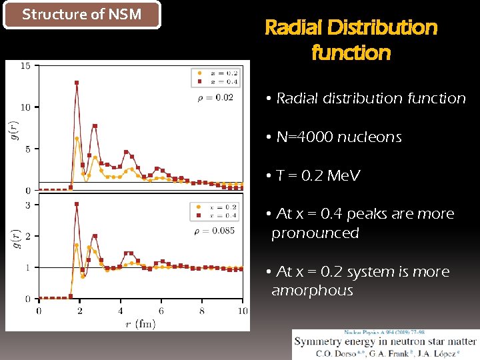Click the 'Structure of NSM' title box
pos(82,15)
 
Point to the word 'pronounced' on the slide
pos(315,233)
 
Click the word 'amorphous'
pos(312,291)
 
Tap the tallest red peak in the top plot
pos(77,83)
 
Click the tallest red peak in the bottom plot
pos(77,204)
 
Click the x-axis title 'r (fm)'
pos(139,324)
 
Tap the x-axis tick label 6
pos(161,311)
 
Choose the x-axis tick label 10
pos(242,311)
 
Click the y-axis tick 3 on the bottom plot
pos(27,205)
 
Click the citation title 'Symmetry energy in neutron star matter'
pos(385,342)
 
